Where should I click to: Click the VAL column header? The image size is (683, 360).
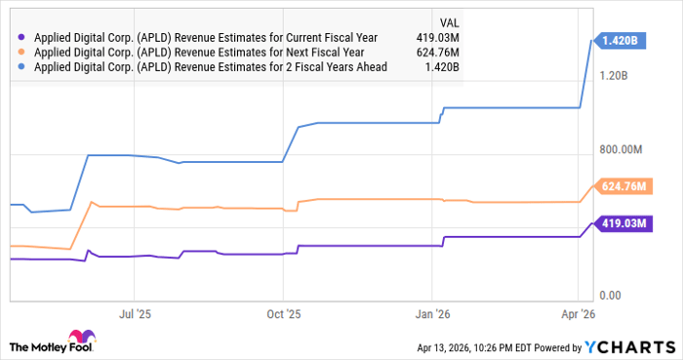449,20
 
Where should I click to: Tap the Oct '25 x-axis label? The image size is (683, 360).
283,315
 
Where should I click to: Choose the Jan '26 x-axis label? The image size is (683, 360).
432,315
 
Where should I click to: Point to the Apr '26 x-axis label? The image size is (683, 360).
578,315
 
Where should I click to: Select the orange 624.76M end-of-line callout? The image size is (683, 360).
624,186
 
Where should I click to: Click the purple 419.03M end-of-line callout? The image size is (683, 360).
624,223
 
